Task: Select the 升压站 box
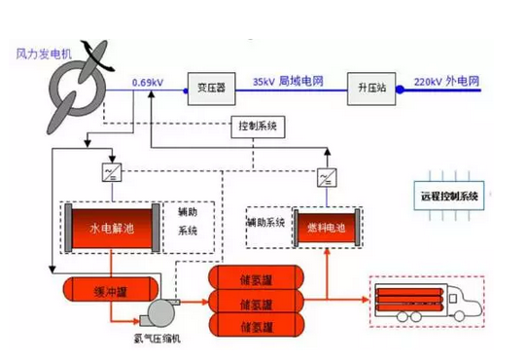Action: [x=370, y=85]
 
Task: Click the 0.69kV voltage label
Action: [x=148, y=82]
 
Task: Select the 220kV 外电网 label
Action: [x=448, y=82]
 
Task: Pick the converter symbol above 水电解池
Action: [x=110, y=172]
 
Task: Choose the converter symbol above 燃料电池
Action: [x=326, y=179]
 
